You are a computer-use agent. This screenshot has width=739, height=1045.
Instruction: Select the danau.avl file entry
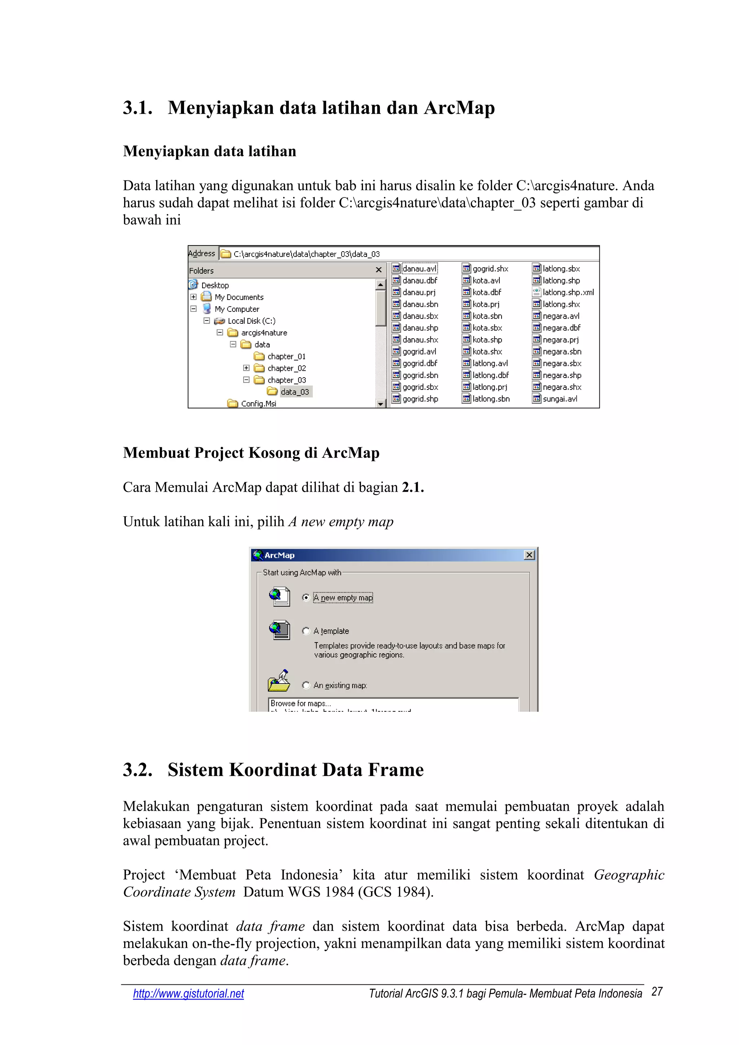419,269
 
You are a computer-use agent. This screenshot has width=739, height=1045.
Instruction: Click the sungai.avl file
560,399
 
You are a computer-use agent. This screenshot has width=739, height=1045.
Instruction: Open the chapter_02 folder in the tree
286,368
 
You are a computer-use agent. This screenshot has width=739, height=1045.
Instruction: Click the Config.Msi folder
258,404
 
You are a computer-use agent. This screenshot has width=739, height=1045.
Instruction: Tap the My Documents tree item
239,297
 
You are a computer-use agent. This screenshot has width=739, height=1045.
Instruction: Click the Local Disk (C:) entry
251,321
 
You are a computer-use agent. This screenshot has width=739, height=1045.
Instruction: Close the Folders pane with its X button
378,270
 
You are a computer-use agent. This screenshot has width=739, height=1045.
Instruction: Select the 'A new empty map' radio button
306,598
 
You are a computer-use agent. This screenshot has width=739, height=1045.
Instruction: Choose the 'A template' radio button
306,631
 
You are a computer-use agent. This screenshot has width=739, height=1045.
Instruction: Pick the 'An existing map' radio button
306,685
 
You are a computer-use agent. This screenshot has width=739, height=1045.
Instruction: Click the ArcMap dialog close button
529,555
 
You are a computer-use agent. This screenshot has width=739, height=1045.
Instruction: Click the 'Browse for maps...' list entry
300,703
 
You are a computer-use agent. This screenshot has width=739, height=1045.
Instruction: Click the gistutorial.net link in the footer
188,993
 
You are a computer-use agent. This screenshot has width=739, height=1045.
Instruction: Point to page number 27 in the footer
657,992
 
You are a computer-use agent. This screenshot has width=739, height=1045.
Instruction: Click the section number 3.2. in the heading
137,770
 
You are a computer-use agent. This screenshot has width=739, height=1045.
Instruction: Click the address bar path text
306,254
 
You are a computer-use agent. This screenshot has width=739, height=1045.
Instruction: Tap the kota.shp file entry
487,340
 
